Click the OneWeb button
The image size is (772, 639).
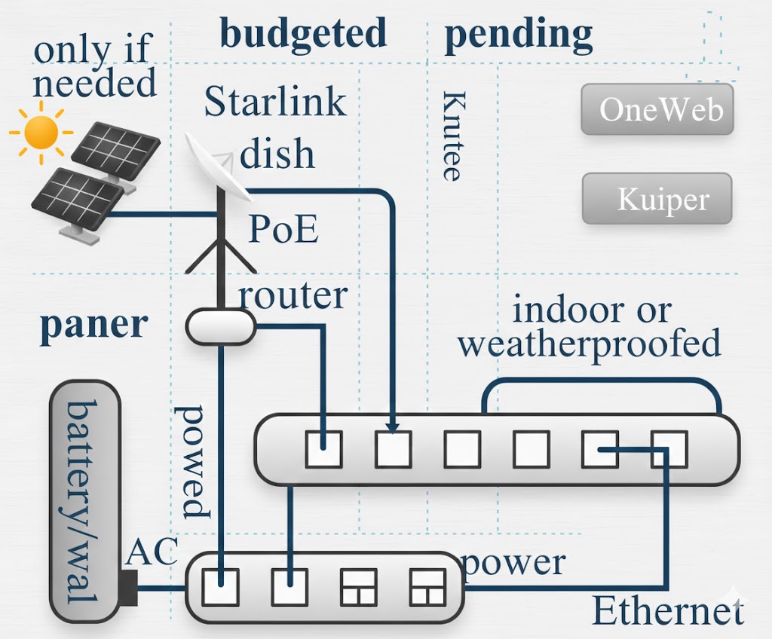point(657,110)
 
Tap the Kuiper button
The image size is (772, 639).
point(657,199)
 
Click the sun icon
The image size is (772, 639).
point(41,133)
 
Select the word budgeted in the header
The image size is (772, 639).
point(303,34)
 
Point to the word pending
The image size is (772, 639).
point(519,34)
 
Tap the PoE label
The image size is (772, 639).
point(283,230)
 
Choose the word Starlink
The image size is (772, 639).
point(275,102)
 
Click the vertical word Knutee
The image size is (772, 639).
point(451,136)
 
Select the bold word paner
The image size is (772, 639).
point(93,324)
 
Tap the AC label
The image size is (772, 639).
point(152,552)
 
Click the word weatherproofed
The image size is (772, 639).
point(589,344)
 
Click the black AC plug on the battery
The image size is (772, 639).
point(128,588)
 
